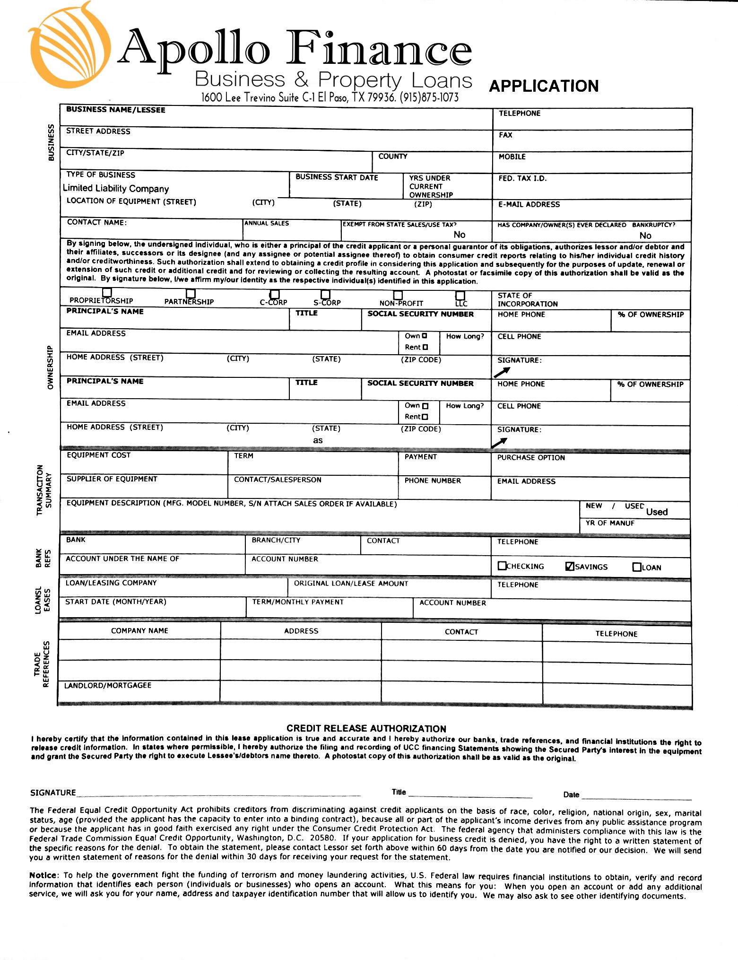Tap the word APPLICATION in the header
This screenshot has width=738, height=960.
click(544, 86)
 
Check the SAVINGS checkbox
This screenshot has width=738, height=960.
click(570, 566)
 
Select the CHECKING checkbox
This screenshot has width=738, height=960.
click(502, 566)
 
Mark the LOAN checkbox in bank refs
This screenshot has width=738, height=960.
click(637, 567)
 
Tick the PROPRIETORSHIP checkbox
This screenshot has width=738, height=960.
click(107, 293)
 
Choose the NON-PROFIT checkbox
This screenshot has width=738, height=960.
click(398, 295)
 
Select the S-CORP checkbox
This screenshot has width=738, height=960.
click(325, 295)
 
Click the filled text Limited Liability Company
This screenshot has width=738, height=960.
click(116, 189)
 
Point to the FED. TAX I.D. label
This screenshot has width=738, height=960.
click(522, 178)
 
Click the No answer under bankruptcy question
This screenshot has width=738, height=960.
click(645, 236)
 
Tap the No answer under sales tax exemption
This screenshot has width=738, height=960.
click(459, 235)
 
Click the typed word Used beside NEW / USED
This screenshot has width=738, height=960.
click(657, 512)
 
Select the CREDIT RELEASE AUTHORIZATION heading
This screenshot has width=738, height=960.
click(366, 728)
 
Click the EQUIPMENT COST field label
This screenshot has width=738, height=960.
click(98, 455)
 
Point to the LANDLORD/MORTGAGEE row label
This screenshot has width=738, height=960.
click(108, 685)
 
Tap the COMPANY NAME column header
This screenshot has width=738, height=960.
click(139, 630)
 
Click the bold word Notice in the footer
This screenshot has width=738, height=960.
click(44, 875)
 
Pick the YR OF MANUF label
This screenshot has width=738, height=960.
click(610, 523)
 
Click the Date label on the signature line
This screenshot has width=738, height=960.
click(571, 794)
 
